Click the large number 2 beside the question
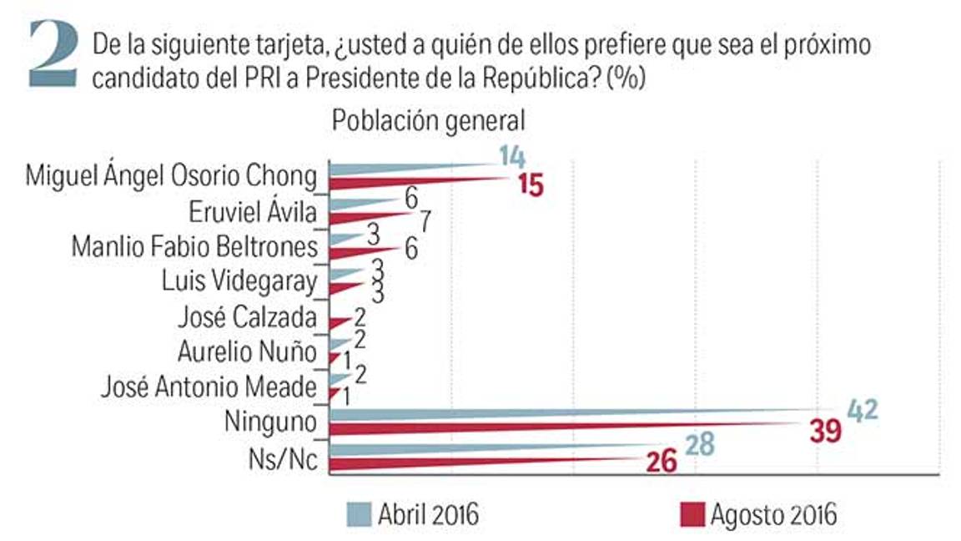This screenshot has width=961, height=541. pyautogui.click(x=57, y=55)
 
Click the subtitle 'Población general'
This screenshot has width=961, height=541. pyautogui.click(x=428, y=120)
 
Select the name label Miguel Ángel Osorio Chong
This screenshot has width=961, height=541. pyautogui.click(x=173, y=177)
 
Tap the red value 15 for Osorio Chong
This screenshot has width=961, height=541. pyautogui.click(x=530, y=185)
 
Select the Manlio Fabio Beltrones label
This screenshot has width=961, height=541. pyautogui.click(x=194, y=247)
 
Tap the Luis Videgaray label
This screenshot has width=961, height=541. pyautogui.click(x=239, y=282)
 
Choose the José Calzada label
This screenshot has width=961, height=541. pyautogui.click(x=248, y=318)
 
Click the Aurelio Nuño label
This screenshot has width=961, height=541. pyautogui.click(x=247, y=352)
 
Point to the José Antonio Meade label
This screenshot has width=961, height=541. pyautogui.click(x=209, y=387)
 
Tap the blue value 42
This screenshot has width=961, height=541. pyautogui.click(x=863, y=410)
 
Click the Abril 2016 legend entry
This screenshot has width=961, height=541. pyautogui.click(x=413, y=513)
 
